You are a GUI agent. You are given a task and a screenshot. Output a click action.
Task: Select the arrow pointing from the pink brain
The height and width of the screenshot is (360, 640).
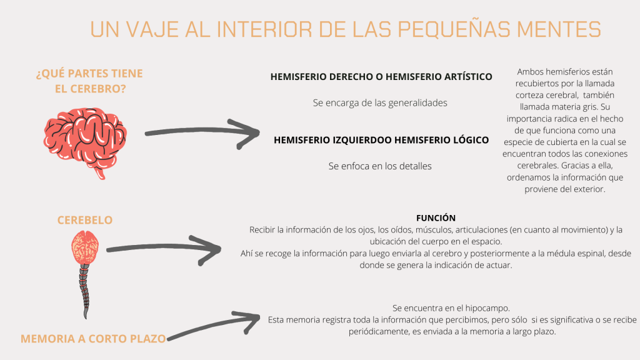click(202, 134)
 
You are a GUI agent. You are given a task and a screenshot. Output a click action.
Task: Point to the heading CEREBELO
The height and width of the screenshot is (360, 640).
click(85, 220)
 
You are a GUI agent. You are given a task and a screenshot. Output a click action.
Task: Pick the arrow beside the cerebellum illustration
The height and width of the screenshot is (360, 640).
click(164, 250)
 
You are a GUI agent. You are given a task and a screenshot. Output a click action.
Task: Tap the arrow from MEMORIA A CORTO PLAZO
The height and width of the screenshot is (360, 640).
click(214, 325)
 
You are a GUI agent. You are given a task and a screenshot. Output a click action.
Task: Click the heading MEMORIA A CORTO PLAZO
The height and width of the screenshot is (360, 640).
click(93, 339)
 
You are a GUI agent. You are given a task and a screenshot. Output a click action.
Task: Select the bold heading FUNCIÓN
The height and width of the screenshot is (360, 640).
click(436, 218)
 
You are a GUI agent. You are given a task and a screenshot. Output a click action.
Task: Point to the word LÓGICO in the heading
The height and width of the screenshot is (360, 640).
click(471, 140)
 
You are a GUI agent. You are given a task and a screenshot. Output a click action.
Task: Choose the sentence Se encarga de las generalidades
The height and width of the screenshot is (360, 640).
click(380, 103)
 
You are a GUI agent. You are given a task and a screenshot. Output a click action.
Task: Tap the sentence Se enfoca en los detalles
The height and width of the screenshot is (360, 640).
click(380, 166)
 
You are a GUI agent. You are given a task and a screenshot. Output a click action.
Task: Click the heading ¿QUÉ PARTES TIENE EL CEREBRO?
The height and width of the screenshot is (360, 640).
click(90, 81)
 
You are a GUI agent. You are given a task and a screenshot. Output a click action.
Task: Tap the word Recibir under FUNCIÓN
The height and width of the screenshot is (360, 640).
click(262, 230)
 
